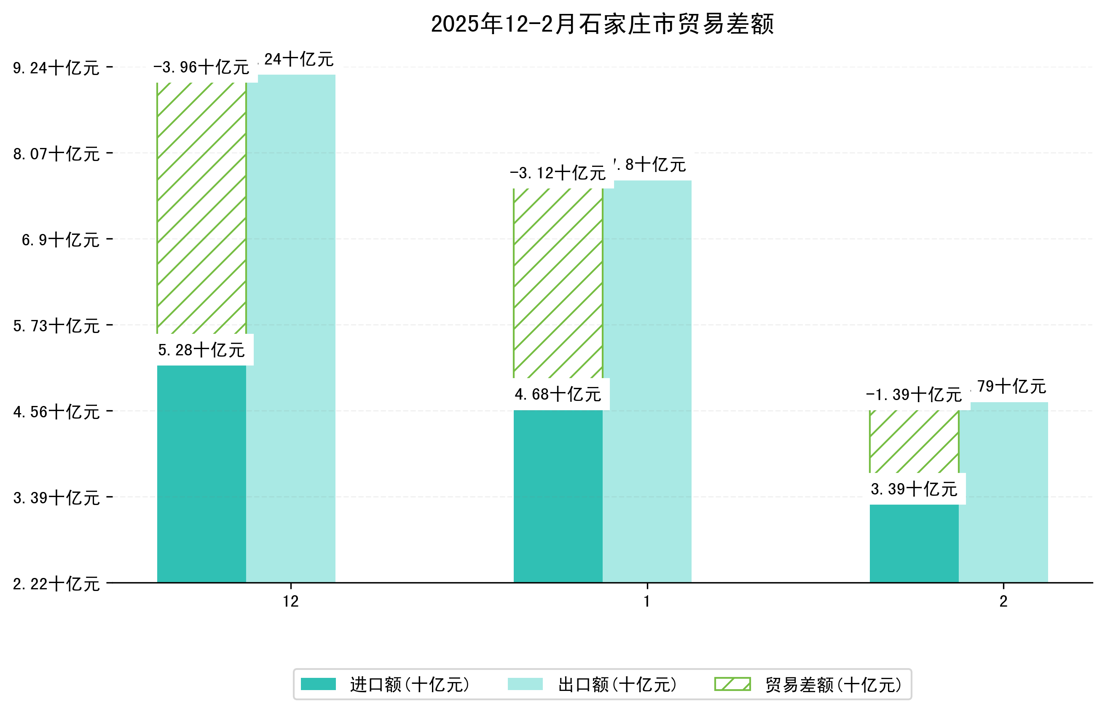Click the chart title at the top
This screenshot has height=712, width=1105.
pos(602,24)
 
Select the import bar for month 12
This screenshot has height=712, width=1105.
pos(201,474)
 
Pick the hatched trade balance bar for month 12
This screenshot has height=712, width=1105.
pos(201,208)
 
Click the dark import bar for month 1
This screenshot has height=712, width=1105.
pos(558,496)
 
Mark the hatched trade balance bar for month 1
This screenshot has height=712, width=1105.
pos(558,283)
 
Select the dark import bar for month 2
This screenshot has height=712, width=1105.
pos(914,543)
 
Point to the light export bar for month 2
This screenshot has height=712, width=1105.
pos(1003,492)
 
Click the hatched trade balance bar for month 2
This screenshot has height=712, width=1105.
pos(914,441)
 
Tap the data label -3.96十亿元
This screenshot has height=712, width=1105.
pos(201,67)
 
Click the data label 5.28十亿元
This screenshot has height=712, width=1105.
pos(201,350)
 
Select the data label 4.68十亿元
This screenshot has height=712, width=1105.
pos(558,395)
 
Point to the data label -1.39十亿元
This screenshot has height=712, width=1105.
pos(914,395)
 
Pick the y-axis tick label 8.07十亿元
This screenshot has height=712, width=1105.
pos(56,153)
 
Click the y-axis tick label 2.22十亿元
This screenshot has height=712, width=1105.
pos(56,584)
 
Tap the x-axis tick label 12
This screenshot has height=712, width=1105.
pos(291,602)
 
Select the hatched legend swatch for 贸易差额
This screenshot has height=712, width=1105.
pos(732,684)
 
